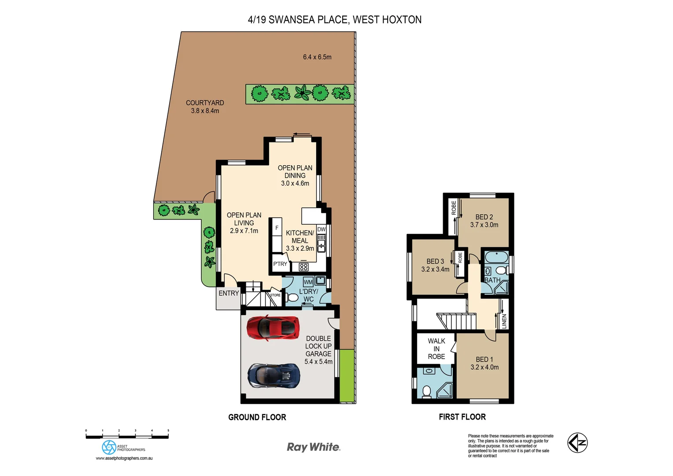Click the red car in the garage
tap(273, 328)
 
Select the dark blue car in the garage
tap(274, 376)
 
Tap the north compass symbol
tap(577, 443)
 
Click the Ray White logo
tap(313, 447)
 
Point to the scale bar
tap(127, 436)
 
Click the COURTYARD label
tap(205, 103)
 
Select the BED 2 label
tap(484, 217)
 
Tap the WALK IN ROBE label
tap(436, 349)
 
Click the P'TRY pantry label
tap(280, 264)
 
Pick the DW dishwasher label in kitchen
tap(322, 229)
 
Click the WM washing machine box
tap(308, 282)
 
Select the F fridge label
tap(277, 228)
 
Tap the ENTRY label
tap(229, 293)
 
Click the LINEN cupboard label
tap(504, 321)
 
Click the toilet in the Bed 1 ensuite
tap(426, 391)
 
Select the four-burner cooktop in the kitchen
tap(303, 267)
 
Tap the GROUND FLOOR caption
tap(257, 417)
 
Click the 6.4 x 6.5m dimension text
tap(317, 57)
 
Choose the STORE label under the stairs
tap(275, 295)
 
